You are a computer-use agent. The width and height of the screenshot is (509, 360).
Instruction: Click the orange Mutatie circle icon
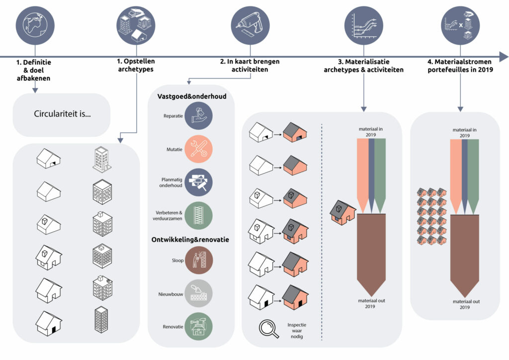[199, 149]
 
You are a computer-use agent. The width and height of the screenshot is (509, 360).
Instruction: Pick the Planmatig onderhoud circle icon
[199, 182]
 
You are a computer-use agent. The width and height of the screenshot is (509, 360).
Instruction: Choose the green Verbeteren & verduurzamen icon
[199, 215]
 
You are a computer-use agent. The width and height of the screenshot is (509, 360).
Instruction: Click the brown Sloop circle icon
[199, 260]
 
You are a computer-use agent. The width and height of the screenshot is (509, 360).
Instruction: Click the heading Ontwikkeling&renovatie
[190, 240]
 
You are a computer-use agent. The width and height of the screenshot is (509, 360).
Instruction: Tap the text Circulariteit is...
[62, 113]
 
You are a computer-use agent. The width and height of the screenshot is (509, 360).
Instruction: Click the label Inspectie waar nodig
[297, 331]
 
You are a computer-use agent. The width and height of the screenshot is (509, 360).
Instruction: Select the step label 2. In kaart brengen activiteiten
[250, 66]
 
